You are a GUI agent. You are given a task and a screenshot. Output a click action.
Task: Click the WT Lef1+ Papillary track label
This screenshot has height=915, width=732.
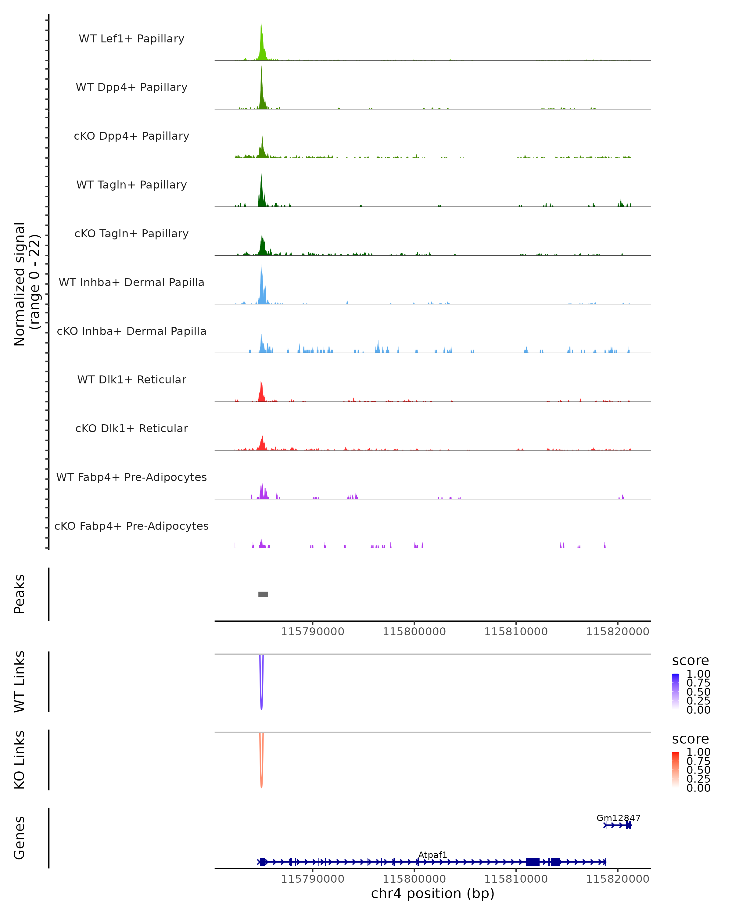click(x=131, y=39)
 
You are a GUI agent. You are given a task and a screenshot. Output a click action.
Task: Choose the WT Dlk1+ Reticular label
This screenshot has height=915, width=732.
click(x=131, y=379)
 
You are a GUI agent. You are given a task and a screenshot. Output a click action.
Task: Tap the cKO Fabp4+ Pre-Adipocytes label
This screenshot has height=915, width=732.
click(x=131, y=526)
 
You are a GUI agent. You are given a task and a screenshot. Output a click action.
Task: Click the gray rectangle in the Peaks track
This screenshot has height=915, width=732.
click(x=263, y=594)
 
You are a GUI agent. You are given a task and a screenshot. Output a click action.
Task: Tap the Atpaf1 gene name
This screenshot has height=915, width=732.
click(x=433, y=855)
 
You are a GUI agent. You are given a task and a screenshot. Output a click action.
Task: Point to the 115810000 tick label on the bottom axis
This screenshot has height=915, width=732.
click(x=516, y=879)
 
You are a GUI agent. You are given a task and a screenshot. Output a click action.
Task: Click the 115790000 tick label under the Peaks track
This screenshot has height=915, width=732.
click(x=313, y=632)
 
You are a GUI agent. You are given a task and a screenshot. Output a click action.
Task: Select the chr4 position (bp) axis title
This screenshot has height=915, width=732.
click(x=433, y=894)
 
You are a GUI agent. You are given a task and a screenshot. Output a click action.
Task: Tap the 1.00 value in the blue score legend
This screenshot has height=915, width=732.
click(x=698, y=674)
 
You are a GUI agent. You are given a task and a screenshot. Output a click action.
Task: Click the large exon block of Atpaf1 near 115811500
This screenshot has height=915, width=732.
click(x=533, y=862)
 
